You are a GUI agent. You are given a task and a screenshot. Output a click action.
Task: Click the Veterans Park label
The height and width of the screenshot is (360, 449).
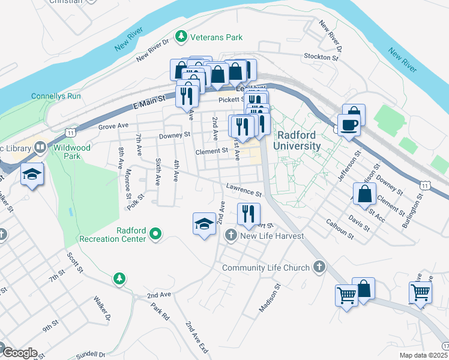(x=216, y=37)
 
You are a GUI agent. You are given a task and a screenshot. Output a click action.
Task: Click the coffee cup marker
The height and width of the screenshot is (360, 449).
(x=349, y=124)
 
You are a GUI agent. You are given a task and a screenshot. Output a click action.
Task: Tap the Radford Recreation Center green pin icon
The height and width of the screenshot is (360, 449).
(x=155, y=234)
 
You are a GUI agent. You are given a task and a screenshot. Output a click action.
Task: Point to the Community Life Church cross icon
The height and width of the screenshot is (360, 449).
(x=319, y=268)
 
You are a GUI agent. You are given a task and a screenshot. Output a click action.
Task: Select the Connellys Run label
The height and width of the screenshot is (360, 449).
(x=56, y=96)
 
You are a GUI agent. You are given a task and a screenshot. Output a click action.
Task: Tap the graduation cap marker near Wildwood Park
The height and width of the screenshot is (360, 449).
(x=32, y=174)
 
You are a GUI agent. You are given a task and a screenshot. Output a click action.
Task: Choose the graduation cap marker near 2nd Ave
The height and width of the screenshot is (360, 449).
(x=204, y=224)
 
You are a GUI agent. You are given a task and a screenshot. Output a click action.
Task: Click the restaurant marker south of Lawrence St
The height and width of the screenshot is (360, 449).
(x=248, y=214)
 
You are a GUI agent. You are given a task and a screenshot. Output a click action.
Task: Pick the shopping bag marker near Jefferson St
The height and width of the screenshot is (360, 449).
(x=364, y=194)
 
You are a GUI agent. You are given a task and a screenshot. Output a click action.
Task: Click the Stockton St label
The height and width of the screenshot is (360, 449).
(x=322, y=57)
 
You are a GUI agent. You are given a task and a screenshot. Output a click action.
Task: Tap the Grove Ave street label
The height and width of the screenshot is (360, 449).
(x=114, y=127)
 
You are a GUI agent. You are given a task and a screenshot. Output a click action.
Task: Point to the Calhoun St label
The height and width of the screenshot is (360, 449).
(x=340, y=232)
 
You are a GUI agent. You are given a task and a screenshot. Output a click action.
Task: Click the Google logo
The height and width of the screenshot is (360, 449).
(x=19, y=352)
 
